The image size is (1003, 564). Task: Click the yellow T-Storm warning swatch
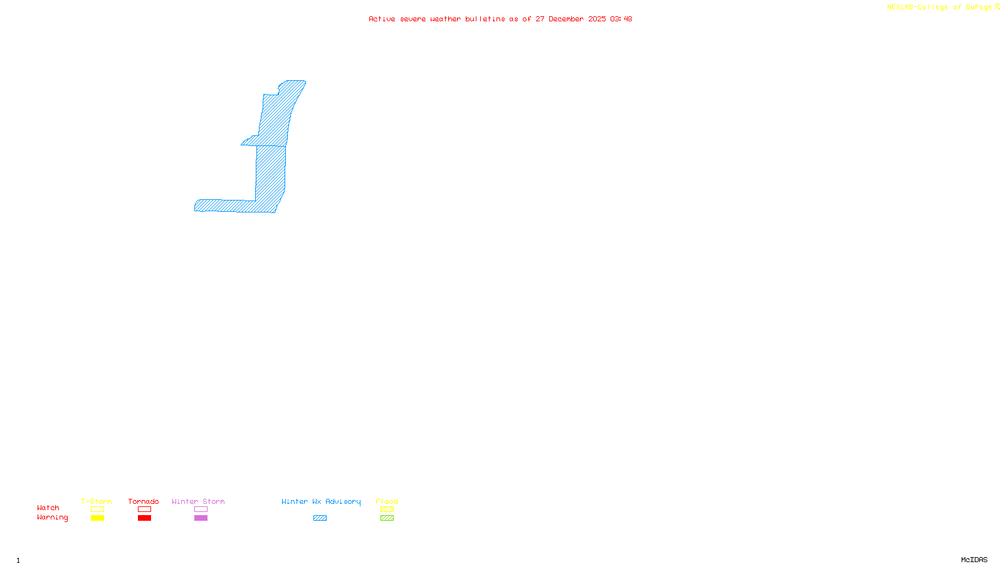coord(97,518)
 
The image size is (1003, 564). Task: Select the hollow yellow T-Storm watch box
coord(97,509)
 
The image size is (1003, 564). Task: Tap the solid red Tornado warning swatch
coord(144,518)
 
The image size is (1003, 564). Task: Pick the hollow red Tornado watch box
coord(144,509)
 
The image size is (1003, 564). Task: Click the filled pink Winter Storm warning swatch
coord(201,518)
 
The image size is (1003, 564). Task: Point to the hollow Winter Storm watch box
coord(201,509)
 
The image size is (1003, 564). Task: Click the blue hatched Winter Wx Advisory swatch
coord(320,518)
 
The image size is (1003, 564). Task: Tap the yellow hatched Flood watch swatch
coord(387,509)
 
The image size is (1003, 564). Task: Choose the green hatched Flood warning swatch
coord(387,518)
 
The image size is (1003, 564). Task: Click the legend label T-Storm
coord(97,501)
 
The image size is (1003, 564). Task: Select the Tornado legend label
coord(144,501)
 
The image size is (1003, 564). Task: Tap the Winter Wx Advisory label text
coord(321,501)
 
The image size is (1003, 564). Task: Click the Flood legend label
coord(387,501)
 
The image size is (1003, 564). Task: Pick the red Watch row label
coord(48,508)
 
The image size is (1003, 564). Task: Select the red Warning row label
coord(53,518)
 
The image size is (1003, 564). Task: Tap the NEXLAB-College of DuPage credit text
coord(940,8)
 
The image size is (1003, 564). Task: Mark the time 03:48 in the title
coord(621,19)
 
